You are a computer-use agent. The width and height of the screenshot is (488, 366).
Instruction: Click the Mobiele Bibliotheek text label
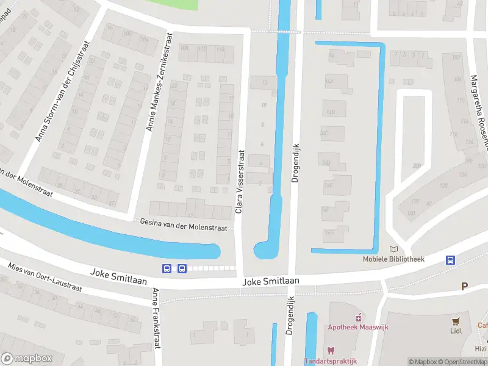click(394, 259)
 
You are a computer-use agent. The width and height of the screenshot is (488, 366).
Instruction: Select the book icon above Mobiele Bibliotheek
click(393, 249)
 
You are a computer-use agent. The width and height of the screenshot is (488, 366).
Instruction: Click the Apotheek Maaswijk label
click(359, 327)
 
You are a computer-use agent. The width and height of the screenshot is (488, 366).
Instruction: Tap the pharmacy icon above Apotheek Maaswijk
click(359, 317)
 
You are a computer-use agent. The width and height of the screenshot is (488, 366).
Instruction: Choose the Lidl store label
click(455, 331)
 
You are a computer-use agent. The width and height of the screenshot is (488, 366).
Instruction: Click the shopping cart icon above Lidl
click(455, 321)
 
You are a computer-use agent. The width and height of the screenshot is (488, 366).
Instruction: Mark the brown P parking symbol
click(464, 285)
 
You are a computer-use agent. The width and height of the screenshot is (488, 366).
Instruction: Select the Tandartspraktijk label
click(331, 361)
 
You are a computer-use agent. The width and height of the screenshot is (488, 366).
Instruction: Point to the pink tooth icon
click(331, 350)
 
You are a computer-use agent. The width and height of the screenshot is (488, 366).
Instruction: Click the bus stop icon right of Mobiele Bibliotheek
click(451, 259)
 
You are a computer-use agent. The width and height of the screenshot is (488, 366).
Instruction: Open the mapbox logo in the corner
click(26, 358)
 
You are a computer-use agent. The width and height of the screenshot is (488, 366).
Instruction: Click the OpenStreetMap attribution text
click(462, 362)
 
